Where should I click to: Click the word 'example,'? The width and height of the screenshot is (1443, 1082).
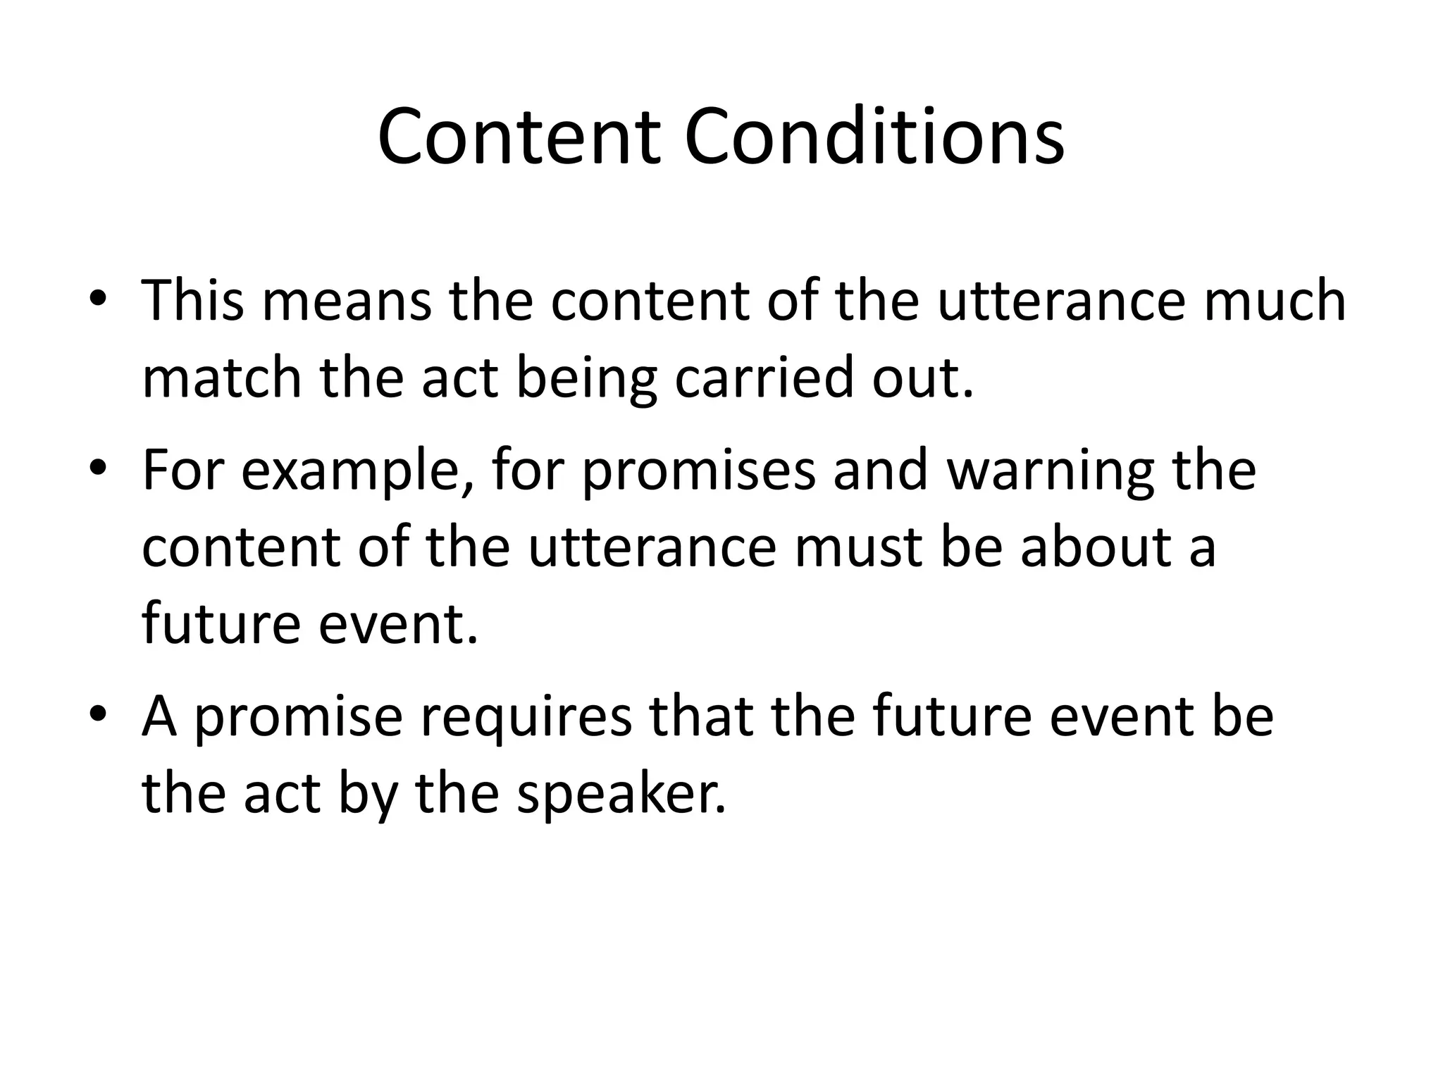[x=357, y=472]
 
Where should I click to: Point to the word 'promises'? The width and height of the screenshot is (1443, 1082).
[x=698, y=472]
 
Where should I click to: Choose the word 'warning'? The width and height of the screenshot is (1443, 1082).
[x=1050, y=472]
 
